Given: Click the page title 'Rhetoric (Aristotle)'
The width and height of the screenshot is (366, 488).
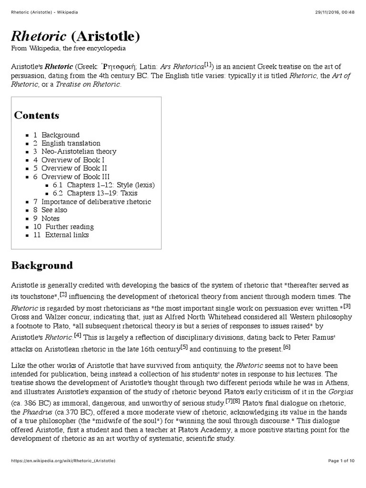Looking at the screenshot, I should [76, 36].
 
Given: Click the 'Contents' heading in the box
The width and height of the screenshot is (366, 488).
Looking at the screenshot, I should [37, 115].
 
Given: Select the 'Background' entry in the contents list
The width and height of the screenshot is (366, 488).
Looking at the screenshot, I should [61, 135].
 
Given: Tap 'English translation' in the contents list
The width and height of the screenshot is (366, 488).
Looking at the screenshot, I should [71, 143].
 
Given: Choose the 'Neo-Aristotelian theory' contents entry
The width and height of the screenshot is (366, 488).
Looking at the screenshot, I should [79, 152].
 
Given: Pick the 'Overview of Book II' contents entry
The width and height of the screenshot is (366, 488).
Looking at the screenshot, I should [74, 168].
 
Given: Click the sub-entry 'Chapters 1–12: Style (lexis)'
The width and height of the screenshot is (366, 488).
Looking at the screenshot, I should [111, 185].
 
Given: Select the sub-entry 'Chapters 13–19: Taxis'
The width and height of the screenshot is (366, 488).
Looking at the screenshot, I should [102, 193].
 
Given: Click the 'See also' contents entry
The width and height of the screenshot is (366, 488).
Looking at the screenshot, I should [54, 210].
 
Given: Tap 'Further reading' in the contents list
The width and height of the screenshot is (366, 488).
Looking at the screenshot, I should [70, 226].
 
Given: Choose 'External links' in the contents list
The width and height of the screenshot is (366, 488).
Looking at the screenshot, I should [67, 234].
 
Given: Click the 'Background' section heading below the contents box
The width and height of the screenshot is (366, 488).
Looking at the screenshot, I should [42, 265].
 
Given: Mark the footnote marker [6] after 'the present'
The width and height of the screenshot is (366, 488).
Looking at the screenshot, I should [286, 347].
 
